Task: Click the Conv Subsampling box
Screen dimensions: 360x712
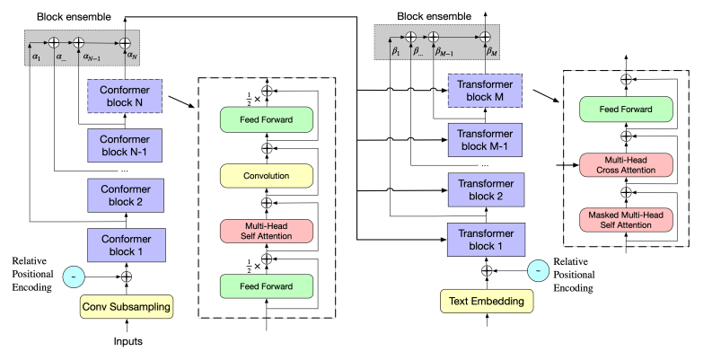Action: [x=126, y=308]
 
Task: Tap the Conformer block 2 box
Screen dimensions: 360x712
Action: [x=126, y=194]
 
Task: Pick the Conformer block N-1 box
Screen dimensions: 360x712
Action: [x=126, y=144]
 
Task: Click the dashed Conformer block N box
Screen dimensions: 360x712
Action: [x=126, y=95]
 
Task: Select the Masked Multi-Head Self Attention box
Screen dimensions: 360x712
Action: [x=625, y=220]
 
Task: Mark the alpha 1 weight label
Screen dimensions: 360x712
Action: [x=38, y=56]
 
